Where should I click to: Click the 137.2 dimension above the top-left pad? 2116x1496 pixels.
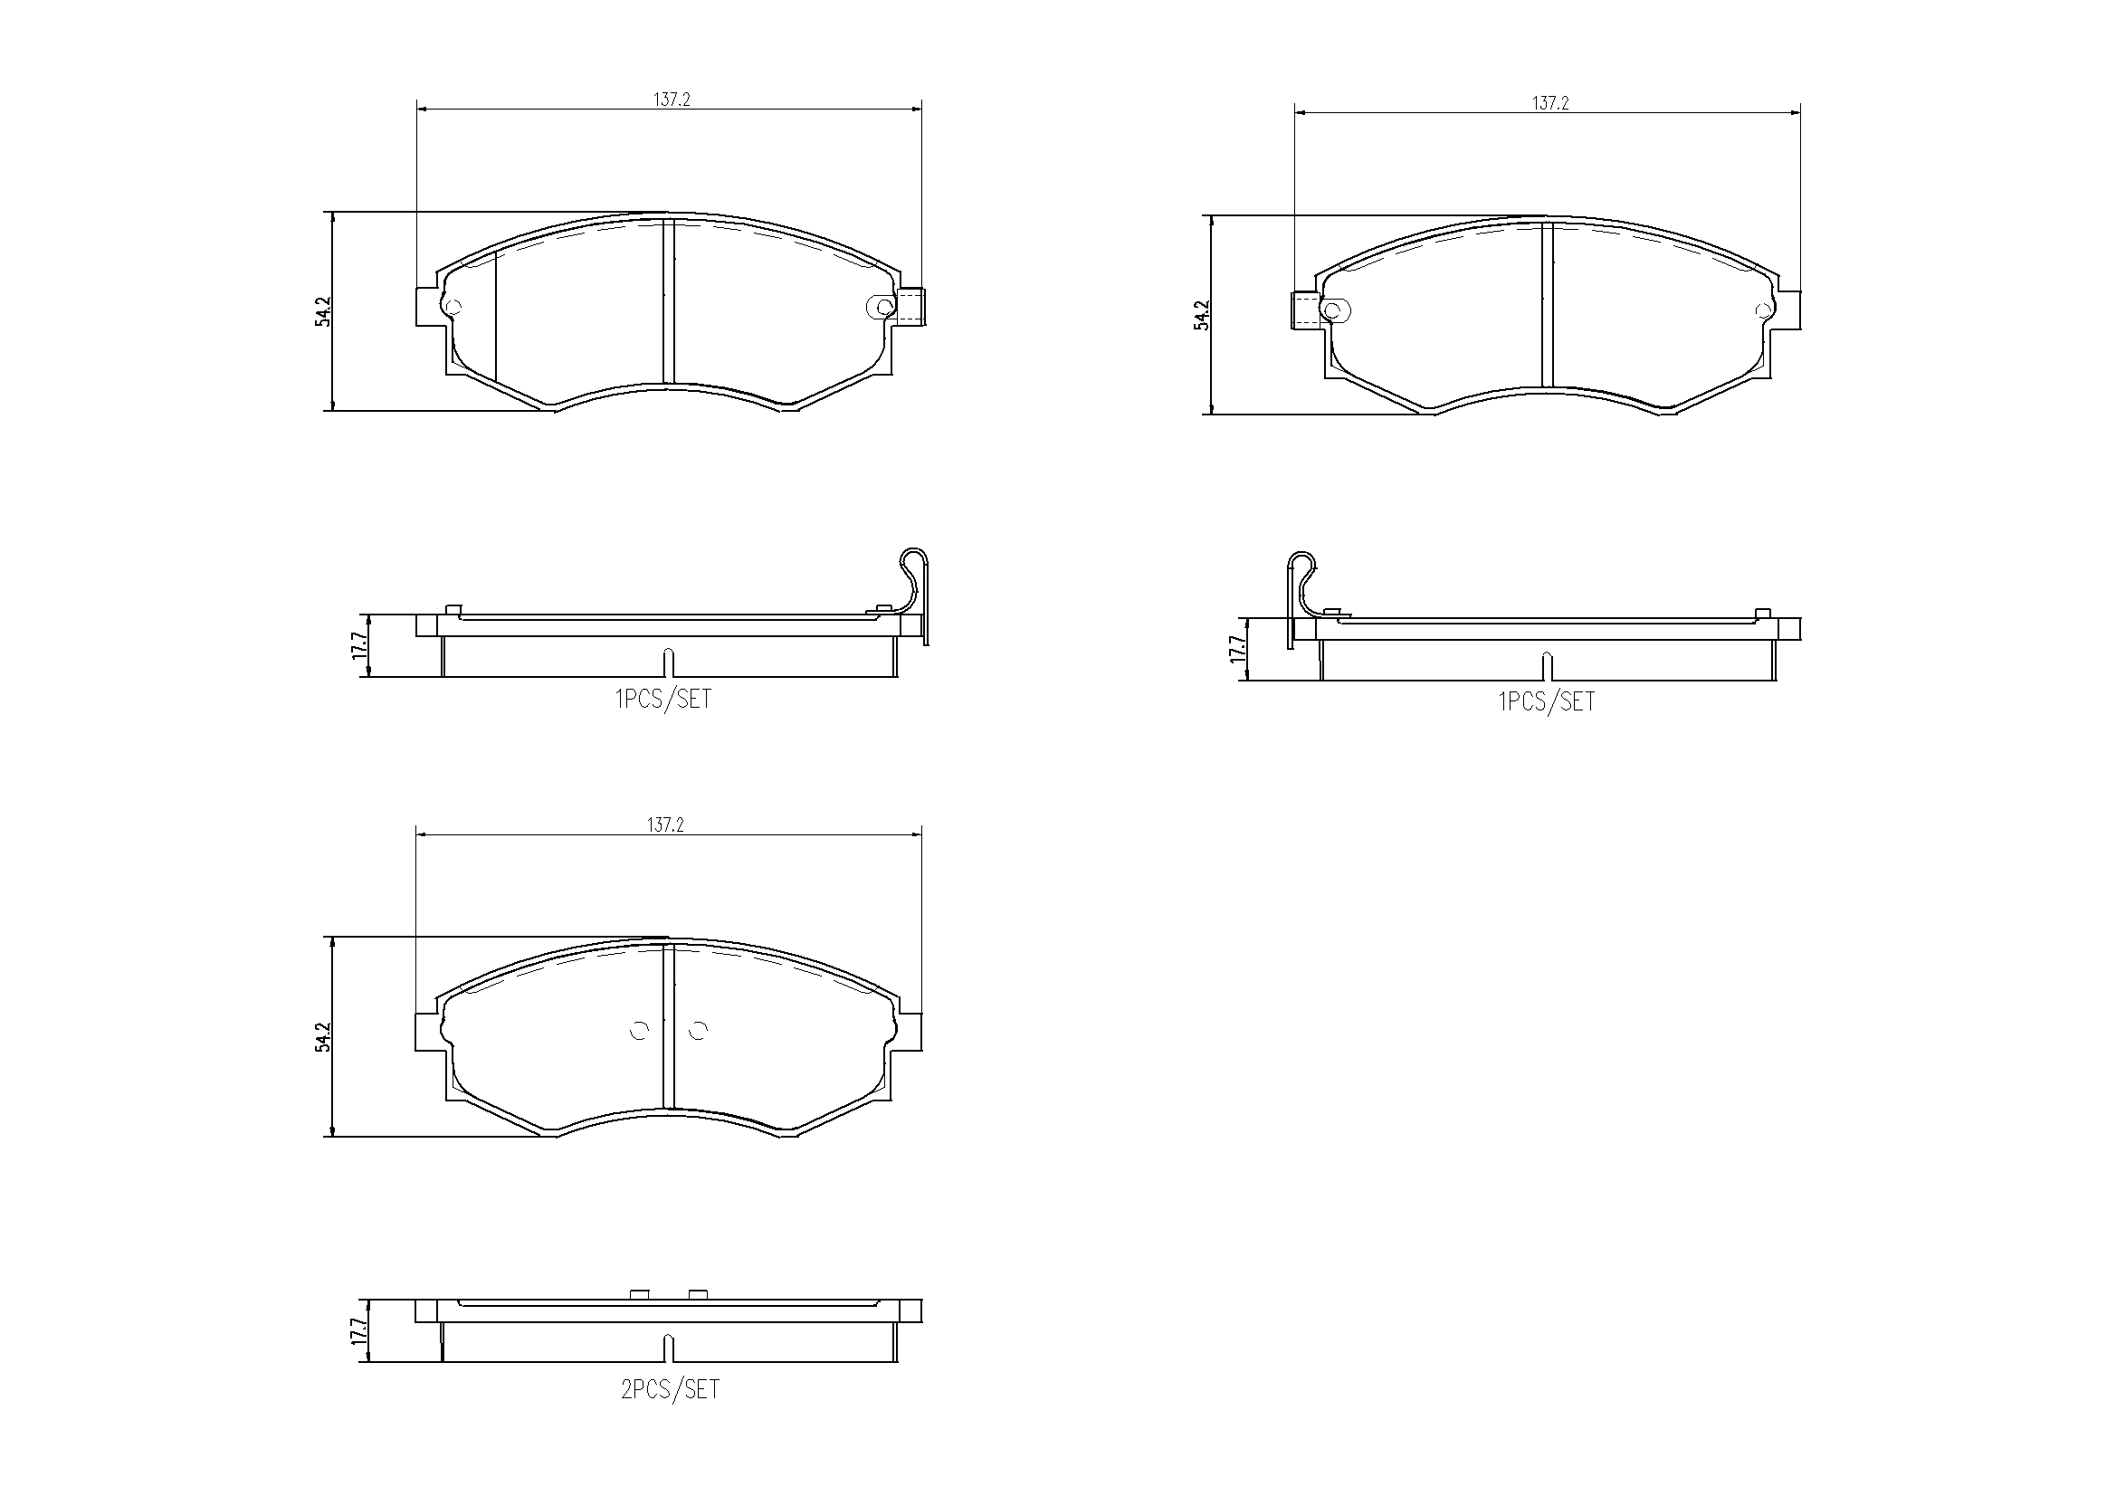tap(672, 100)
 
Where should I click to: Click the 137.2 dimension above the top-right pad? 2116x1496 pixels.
tap(1550, 104)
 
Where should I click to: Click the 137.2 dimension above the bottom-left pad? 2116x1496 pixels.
tap(664, 825)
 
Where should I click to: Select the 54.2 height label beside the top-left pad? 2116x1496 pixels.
tap(321, 310)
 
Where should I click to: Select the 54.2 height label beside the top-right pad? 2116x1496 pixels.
tap(1201, 314)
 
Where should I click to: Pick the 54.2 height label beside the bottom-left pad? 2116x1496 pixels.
tap(321, 1036)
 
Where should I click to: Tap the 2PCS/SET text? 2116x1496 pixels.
tap(670, 1389)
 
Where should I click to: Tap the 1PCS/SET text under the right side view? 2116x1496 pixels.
tap(1547, 701)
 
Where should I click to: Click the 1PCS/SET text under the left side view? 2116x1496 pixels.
tap(663, 699)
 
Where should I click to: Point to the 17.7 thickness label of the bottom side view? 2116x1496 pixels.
tap(358, 1332)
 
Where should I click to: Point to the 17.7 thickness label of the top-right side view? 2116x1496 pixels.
tap(1238, 650)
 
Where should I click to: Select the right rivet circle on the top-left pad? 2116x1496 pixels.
tap(884, 307)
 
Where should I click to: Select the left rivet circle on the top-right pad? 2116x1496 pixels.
tap(1331, 310)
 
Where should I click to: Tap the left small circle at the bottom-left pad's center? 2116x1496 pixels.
tap(639, 1031)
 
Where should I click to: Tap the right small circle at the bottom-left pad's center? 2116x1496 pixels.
tap(698, 1031)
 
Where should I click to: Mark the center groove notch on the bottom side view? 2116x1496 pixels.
tap(670, 1346)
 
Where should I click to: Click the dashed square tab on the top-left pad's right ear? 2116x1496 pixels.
tap(910, 305)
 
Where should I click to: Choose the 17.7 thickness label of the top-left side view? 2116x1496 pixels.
tap(358, 645)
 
